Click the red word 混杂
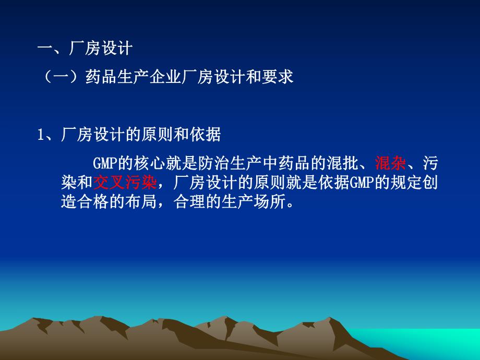pyautogui.click(x=390, y=164)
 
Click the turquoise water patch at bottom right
pyautogui.click(x=449, y=344)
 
